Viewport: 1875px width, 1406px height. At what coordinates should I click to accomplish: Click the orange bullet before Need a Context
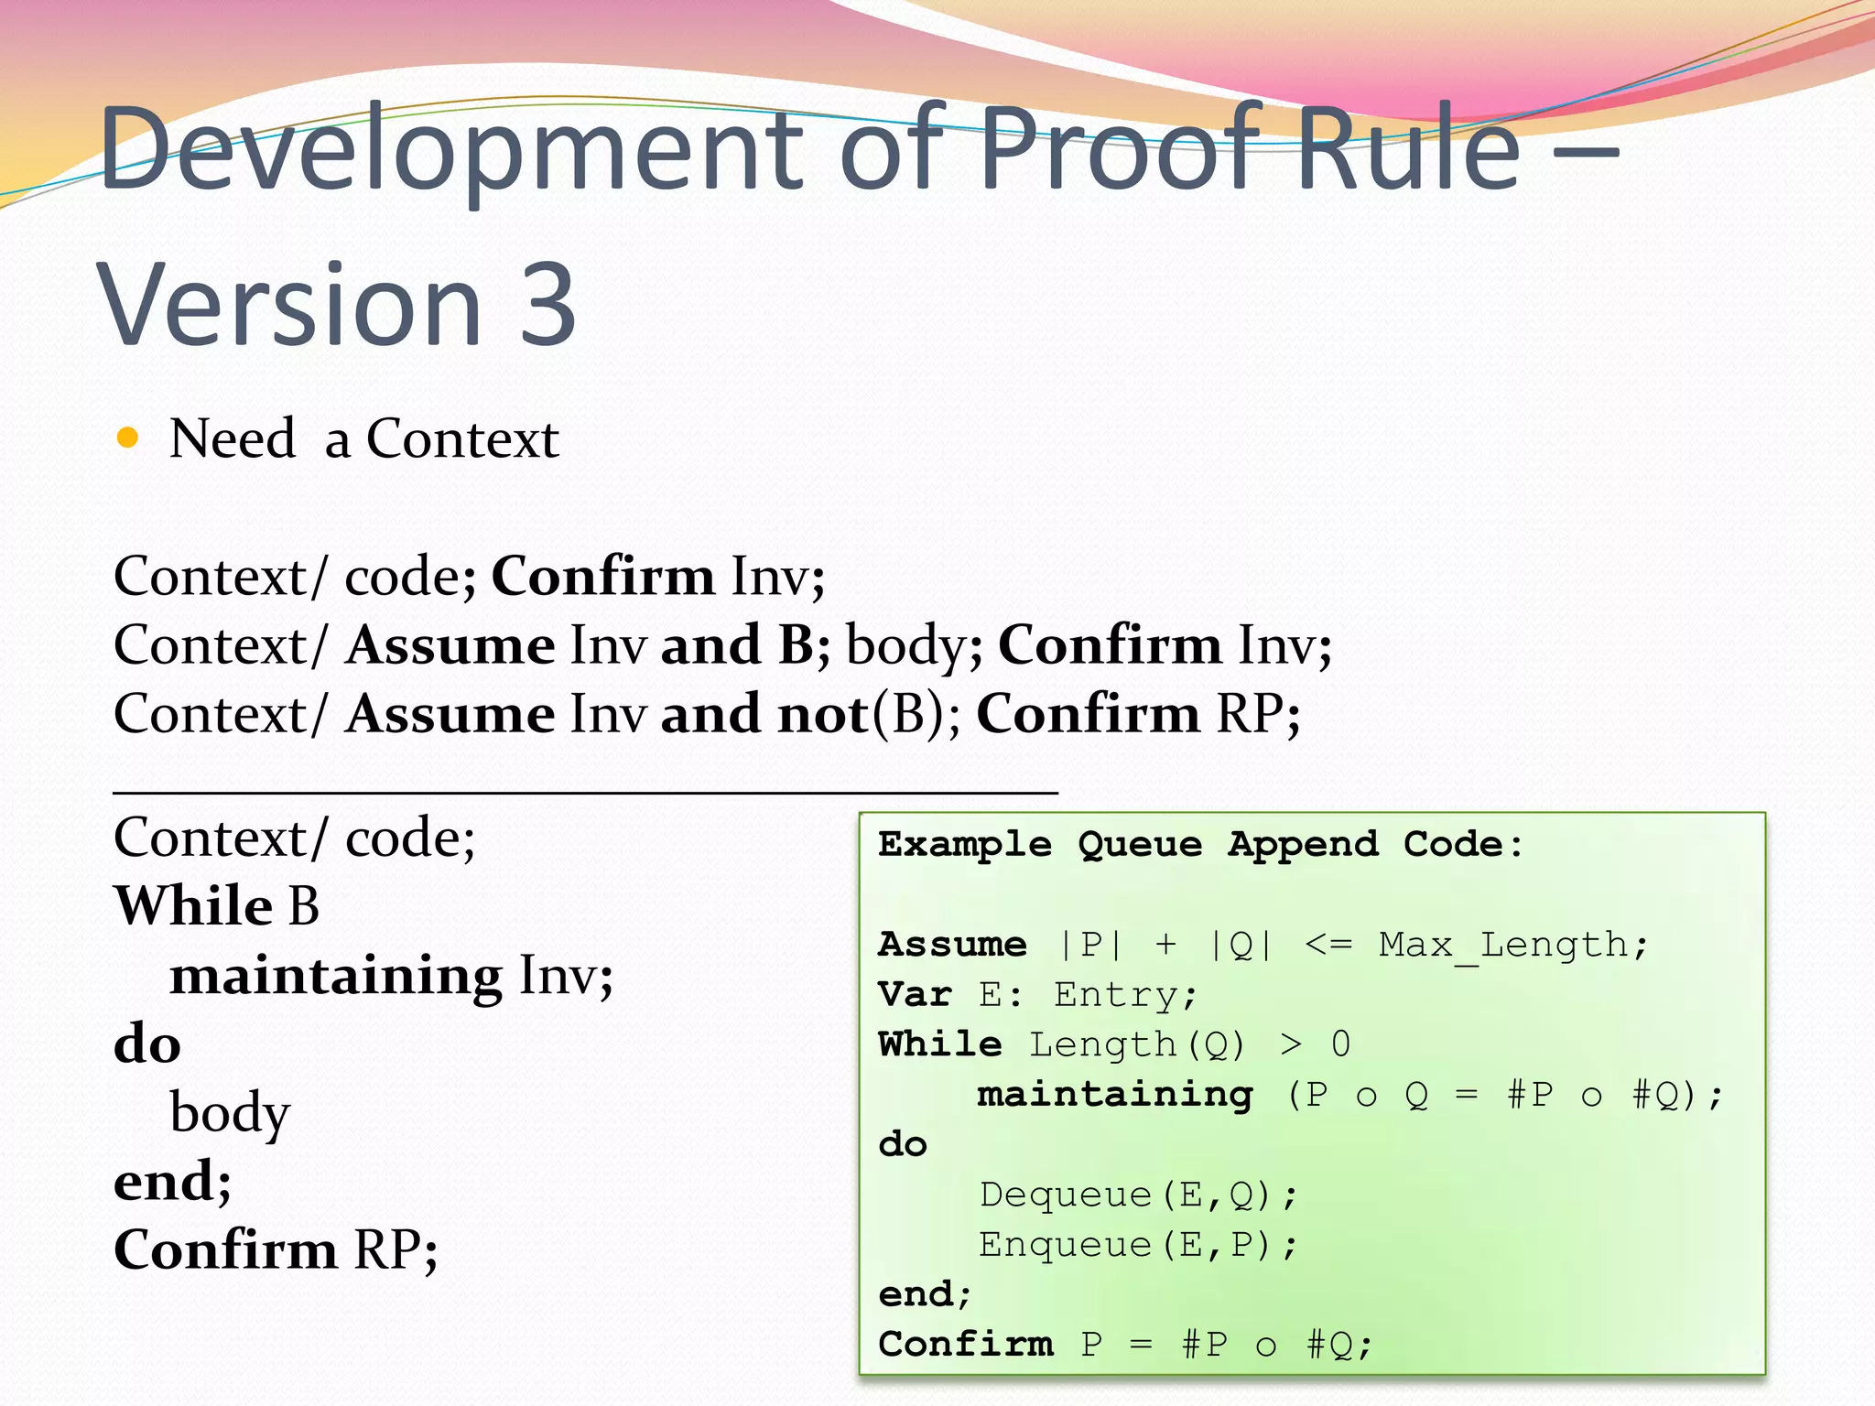pyautogui.click(x=128, y=438)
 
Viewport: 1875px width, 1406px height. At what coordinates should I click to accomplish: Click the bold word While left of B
pyautogui.click(x=193, y=906)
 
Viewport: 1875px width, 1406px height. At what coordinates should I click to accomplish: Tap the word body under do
pyautogui.click(x=230, y=1113)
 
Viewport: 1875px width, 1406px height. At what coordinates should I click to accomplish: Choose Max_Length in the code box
pyautogui.click(x=1502, y=945)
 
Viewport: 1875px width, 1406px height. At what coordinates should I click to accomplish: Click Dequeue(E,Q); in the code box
pyautogui.click(x=1138, y=1195)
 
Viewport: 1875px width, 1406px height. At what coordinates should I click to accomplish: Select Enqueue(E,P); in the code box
pyautogui.click(x=1138, y=1245)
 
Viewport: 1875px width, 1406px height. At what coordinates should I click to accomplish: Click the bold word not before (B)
pyautogui.click(x=822, y=714)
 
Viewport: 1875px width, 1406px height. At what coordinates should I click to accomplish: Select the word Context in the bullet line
pyautogui.click(x=462, y=438)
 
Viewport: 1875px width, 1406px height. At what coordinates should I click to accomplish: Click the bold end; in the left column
pyautogui.click(x=172, y=1181)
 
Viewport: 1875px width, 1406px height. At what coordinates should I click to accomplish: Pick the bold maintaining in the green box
pyautogui.click(x=1115, y=1095)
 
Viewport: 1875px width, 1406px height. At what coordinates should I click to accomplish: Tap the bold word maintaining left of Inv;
pyautogui.click(x=336, y=975)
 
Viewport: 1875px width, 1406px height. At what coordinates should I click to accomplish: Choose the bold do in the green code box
pyautogui.click(x=903, y=1144)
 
